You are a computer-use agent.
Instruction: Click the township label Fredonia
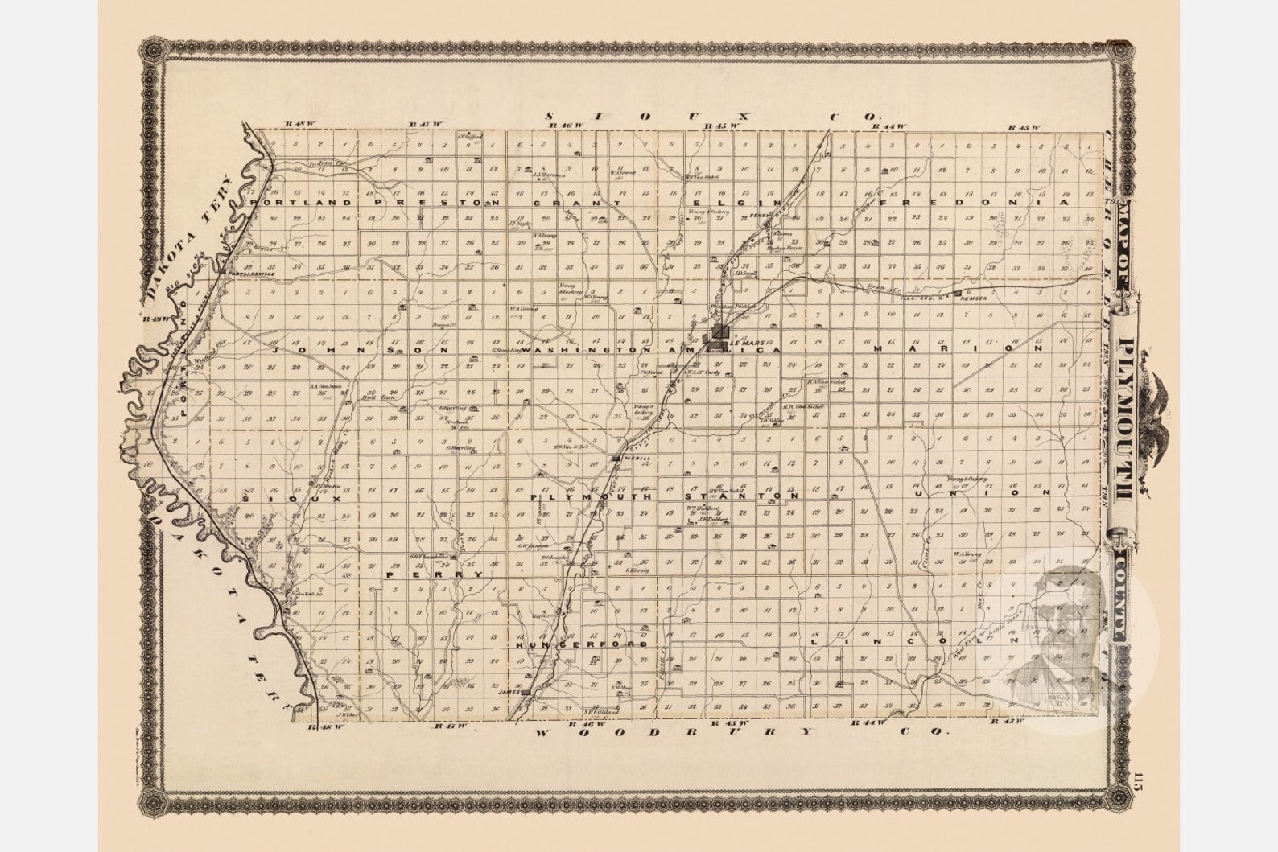click(976, 204)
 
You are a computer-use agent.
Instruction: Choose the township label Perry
click(435, 575)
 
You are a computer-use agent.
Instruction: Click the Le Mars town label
click(744, 342)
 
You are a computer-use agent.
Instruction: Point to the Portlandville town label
click(252, 274)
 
